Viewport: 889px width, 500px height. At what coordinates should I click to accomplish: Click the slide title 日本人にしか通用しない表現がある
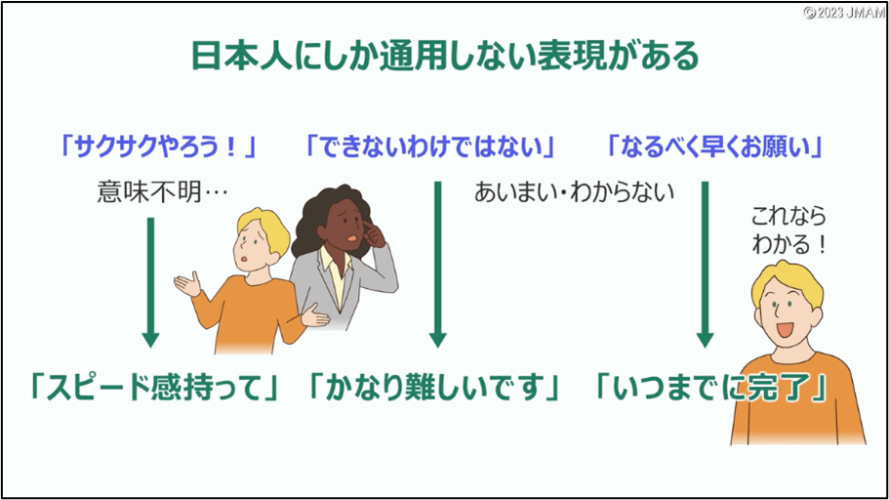445,56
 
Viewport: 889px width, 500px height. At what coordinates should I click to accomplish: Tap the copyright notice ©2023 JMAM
844,13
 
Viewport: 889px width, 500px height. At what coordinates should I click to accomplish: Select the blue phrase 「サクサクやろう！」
159,147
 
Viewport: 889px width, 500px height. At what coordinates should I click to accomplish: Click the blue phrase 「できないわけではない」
430,147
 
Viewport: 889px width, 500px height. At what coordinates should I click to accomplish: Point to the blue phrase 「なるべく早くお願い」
715,147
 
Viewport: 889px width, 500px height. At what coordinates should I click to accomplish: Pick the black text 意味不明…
162,191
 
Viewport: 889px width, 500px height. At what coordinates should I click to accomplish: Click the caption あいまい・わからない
574,191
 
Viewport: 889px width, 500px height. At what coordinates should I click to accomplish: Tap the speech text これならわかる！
788,229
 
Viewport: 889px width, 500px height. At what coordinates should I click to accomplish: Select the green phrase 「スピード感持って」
154,388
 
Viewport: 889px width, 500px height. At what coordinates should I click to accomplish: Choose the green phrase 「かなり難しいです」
433,388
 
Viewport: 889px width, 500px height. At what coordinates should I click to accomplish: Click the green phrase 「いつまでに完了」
710,388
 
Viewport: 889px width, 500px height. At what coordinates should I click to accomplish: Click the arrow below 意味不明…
150,282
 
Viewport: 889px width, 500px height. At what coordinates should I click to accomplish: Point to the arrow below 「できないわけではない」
438,264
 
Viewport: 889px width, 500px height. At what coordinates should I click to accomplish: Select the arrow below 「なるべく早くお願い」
705,264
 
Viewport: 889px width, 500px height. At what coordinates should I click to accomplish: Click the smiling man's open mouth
786,328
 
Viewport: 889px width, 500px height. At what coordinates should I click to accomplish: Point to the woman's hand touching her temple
373,232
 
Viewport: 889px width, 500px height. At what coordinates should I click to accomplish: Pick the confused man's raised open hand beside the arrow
187,283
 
